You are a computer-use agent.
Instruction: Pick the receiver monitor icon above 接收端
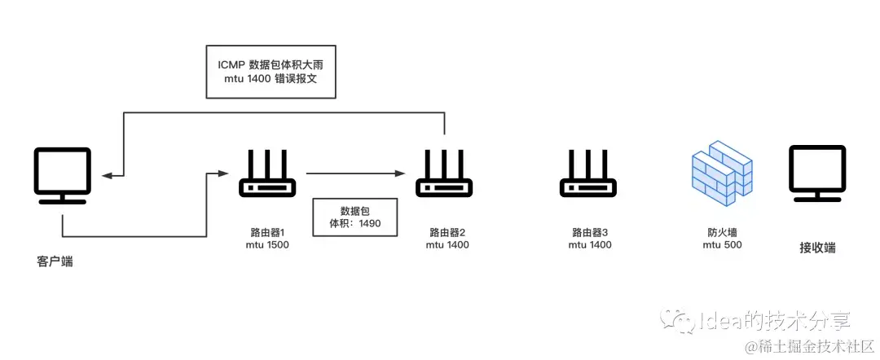817,173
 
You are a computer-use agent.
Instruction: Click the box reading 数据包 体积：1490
355,217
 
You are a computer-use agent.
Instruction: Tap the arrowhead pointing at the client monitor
106,174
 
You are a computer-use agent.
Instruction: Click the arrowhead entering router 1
220,173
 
